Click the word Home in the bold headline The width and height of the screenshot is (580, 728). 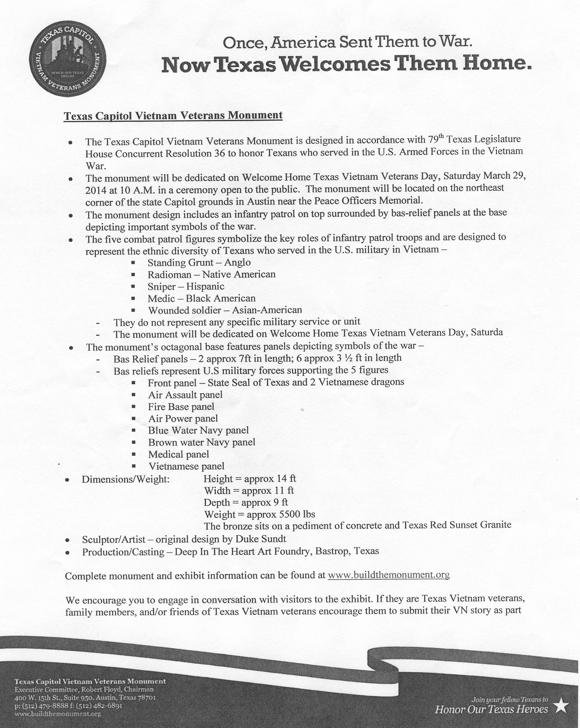493,64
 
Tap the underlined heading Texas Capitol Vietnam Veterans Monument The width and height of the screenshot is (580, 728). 173,115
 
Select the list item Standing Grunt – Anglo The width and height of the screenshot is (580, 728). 199,262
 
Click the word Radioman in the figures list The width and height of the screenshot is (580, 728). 169,274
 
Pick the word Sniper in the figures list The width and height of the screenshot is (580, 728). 161,287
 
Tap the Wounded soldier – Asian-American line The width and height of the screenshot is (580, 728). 225,310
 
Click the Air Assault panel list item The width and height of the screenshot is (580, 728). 185,395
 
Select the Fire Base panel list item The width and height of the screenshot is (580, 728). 181,407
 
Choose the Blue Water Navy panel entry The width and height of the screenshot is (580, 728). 198,430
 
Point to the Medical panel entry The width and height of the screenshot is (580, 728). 179,454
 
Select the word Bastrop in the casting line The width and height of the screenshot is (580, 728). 333,551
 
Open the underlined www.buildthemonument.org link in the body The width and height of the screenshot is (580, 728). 388,575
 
